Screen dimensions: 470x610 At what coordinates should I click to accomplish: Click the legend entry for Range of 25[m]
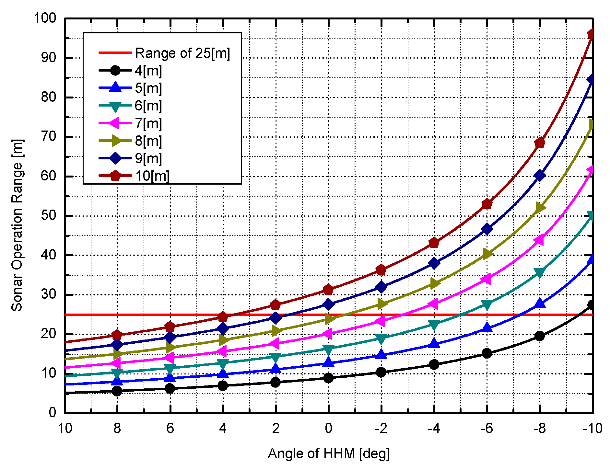tap(182, 53)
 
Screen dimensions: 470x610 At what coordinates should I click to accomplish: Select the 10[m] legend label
tap(152, 176)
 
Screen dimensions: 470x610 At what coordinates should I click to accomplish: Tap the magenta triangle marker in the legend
tap(115, 123)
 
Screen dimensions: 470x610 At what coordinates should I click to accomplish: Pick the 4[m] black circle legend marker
tap(115, 70)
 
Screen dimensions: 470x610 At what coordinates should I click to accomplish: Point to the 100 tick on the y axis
tap(45, 18)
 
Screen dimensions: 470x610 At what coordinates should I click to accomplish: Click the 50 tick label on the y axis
tap(48, 216)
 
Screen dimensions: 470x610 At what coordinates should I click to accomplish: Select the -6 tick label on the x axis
tap(487, 429)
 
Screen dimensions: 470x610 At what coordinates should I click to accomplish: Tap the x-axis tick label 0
tap(328, 429)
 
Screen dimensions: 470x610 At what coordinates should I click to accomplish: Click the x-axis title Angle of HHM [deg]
tap(328, 453)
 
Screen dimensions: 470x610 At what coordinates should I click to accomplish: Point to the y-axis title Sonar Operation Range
tap(17, 225)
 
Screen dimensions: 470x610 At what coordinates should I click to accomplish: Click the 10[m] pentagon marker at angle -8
tap(540, 143)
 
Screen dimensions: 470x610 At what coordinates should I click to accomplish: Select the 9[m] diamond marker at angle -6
tap(487, 229)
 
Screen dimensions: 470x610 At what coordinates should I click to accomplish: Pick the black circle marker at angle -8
tap(540, 336)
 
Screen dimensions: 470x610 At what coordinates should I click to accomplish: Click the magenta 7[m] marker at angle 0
tap(328, 333)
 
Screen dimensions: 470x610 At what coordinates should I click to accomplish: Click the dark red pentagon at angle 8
tap(117, 335)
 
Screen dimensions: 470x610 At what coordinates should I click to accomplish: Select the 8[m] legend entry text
tap(148, 141)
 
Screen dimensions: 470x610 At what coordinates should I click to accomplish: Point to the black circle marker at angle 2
tap(276, 382)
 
